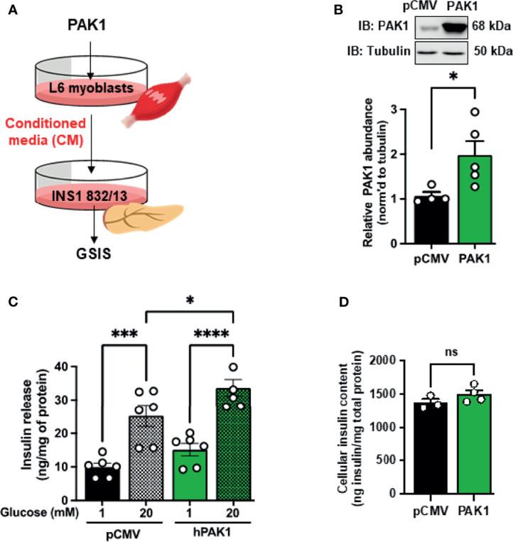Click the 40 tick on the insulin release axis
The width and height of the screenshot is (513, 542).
click(x=82, y=367)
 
